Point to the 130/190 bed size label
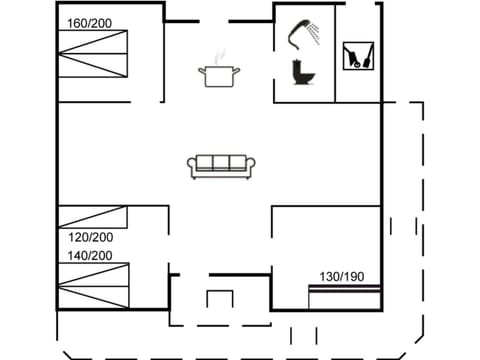pyautogui.click(x=341, y=276)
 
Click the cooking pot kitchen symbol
pyautogui.click(x=219, y=76)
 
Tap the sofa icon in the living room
pyautogui.click(x=222, y=166)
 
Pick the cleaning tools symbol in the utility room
pyautogui.click(x=354, y=55)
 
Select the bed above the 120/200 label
pyautogui.click(x=93, y=217)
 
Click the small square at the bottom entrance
pyautogui.click(x=220, y=299)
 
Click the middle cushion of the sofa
pyautogui.click(x=222, y=163)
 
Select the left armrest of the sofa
pyautogui.click(x=192, y=168)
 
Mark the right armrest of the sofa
pyautogui.click(x=252, y=168)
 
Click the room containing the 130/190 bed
pyautogui.click(x=326, y=245)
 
